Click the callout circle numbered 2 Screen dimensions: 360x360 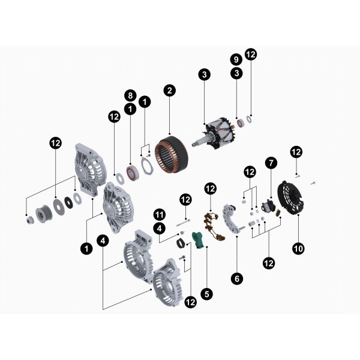point(170,91)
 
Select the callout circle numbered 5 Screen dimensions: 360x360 point(206,294)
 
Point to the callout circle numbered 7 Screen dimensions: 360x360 point(271,163)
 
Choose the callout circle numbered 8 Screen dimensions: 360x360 point(130,95)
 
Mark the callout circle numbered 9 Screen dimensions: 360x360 point(236,59)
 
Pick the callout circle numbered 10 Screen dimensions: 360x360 point(298,247)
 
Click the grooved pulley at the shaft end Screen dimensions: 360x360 point(42,214)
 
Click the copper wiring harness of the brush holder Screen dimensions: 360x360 point(212,224)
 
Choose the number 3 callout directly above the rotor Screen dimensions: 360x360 point(205,75)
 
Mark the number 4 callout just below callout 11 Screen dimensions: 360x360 point(159,229)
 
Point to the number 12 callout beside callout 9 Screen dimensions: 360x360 point(251,55)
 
